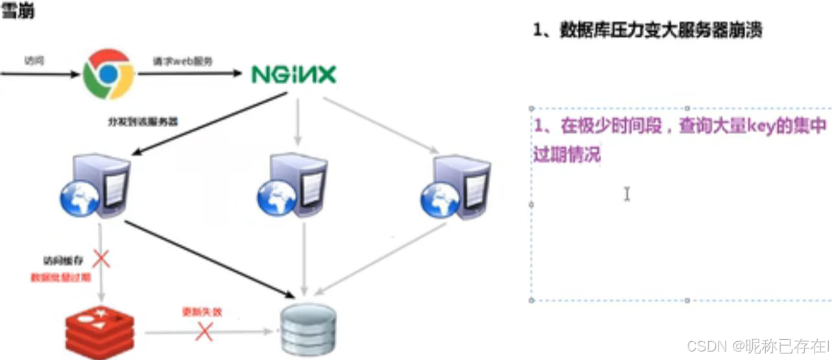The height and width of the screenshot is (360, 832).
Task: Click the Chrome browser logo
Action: click(x=108, y=74)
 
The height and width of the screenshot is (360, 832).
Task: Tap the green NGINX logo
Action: click(x=294, y=75)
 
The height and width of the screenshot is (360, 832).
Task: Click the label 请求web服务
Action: click(x=182, y=60)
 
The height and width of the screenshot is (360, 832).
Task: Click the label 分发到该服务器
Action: click(x=143, y=121)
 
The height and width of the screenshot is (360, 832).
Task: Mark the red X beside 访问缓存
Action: click(x=101, y=260)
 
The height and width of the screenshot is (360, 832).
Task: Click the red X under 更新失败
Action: click(x=204, y=331)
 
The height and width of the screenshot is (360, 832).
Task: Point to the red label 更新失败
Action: click(x=202, y=312)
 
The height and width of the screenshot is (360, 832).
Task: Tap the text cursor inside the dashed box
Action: click(x=626, y=194)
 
